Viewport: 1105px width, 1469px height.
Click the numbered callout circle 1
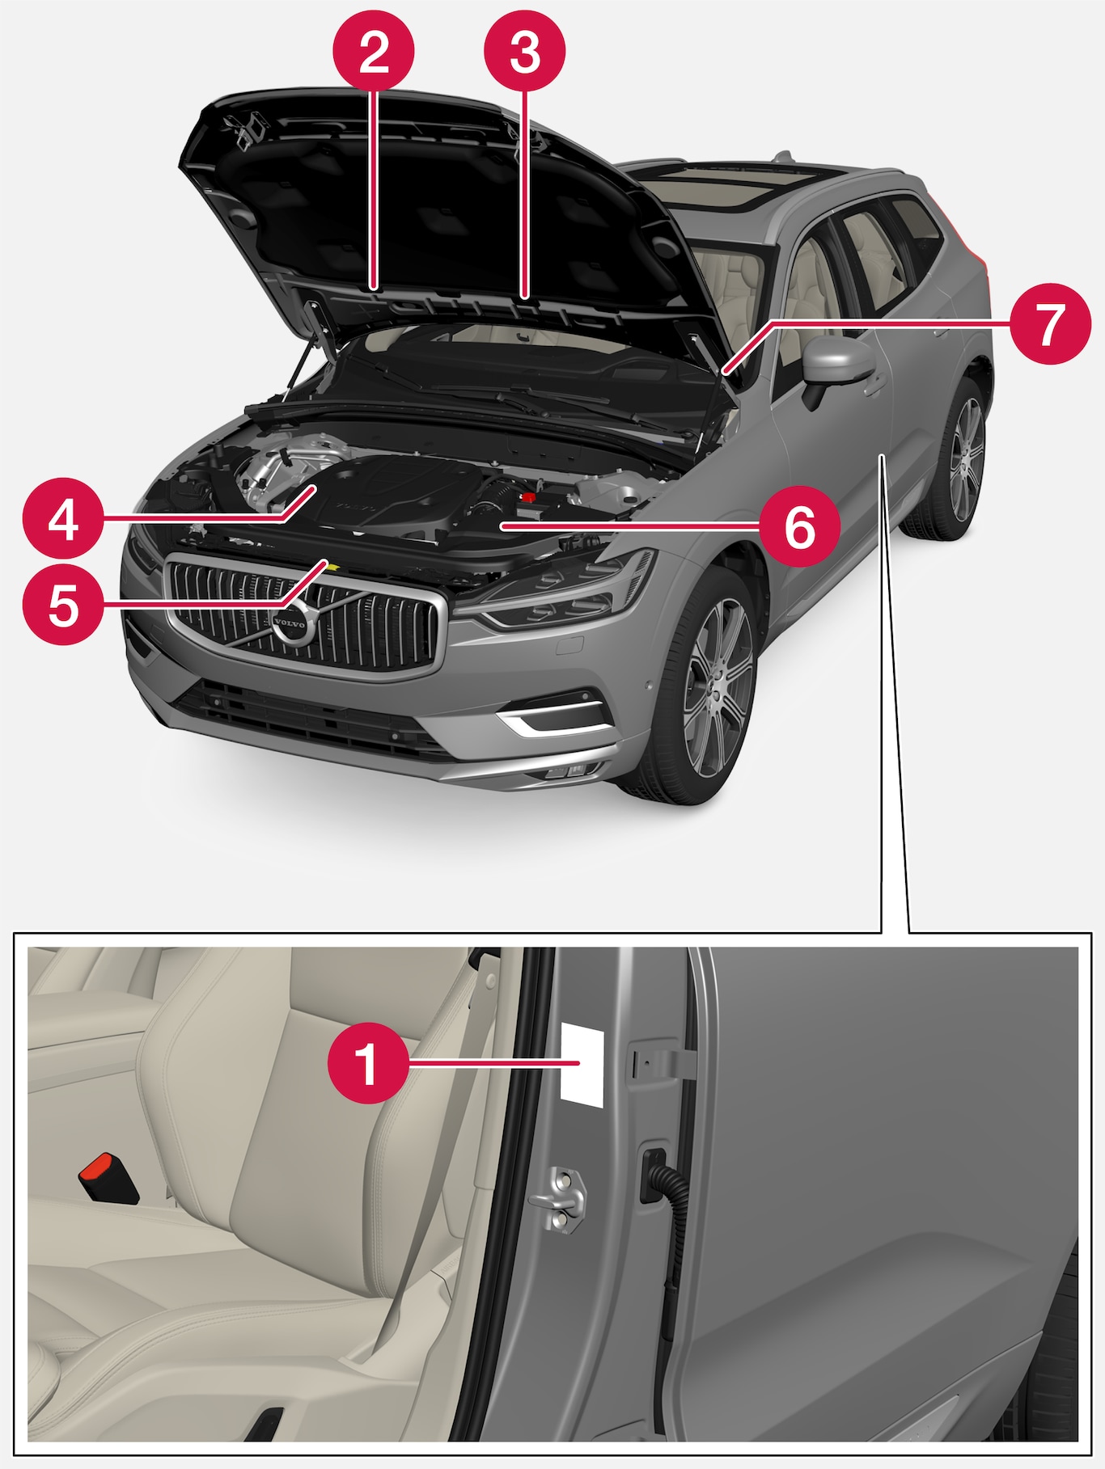[368, 1063]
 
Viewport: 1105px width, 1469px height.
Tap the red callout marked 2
[374, 52]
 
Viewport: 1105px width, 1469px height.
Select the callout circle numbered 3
[524, 52]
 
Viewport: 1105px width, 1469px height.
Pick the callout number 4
[63, 519]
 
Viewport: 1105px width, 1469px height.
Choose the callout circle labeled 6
[799, 526]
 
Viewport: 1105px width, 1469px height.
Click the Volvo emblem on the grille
[290, 624]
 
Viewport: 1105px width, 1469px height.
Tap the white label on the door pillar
[582, 1063]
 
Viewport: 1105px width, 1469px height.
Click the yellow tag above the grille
[327, 564]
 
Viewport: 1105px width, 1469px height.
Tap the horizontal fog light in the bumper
[550, 716]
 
